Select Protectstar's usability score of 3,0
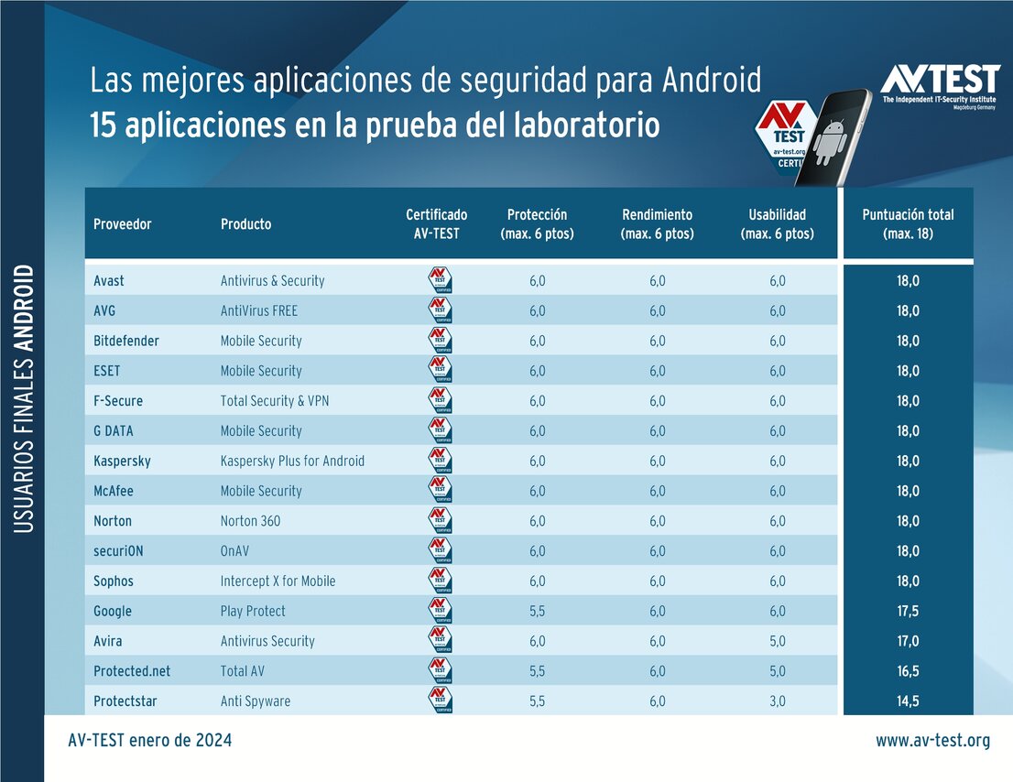[777, 701]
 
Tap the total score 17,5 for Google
[908, 611]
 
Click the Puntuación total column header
[908, 223]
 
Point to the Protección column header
[537, 223]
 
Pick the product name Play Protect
[253, 611]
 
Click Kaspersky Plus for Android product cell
[292, 461]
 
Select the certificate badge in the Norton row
[440, 521]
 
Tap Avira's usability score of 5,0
[777, 641]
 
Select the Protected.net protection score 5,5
[537, 671]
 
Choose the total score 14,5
[908, 701]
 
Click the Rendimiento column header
[657, 223]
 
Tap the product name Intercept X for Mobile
[278, 581]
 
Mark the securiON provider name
[119, 551]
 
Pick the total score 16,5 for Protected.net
[908, 671]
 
